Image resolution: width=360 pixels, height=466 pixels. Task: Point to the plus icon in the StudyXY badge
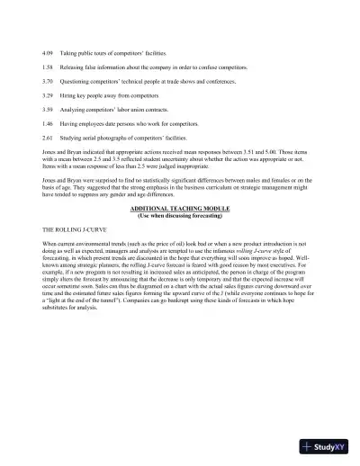[x=309, y=447]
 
